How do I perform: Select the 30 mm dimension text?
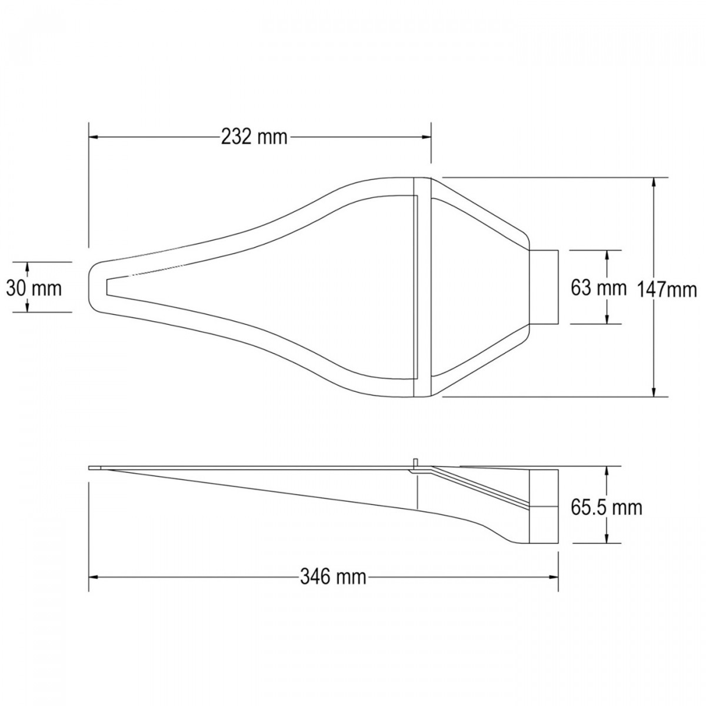pos(34,289)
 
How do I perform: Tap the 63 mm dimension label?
pos(598,288)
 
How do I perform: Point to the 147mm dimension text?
pos(667,290)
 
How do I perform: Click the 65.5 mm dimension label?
pos(607,508)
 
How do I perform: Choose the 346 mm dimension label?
pos(333,577)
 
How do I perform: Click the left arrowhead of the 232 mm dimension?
pos(93,137)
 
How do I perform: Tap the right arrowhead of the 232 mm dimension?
pos(427,137)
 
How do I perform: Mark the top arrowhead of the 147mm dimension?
pos(654,182)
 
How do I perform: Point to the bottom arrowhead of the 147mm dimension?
pos(654,392)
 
